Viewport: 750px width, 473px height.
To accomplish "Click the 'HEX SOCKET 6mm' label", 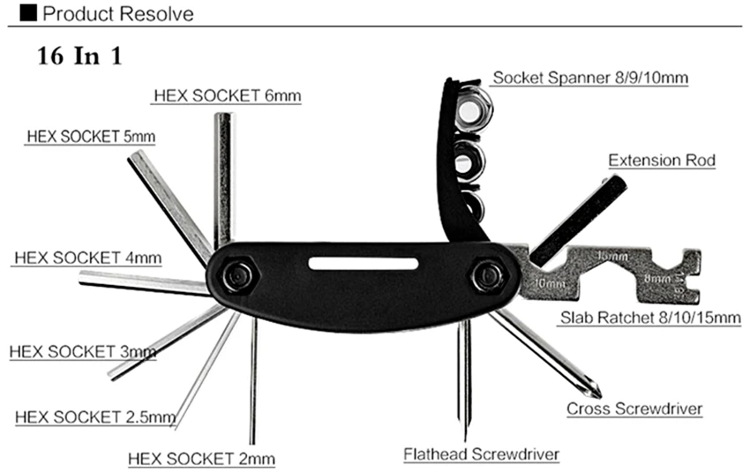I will click(227, 95).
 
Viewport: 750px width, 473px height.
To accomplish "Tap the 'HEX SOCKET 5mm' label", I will click(90, 137).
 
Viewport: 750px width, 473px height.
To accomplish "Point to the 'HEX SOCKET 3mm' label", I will click(83, 351).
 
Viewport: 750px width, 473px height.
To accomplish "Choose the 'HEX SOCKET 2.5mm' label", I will click(95, 417).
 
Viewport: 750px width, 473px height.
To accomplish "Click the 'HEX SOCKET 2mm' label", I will click(201, 459).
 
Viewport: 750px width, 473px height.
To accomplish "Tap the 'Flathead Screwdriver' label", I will click(482, 454).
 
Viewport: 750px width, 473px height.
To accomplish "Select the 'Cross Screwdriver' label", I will click(634, 409).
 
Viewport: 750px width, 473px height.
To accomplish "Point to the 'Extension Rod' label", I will click(661, 161).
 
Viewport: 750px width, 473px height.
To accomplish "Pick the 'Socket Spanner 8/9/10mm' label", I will click(590, 78).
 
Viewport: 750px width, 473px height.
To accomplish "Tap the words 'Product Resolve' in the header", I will click(117, 14).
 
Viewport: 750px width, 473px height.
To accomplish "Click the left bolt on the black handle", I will click(236, 276).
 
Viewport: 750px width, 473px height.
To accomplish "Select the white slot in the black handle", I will click(364, 264).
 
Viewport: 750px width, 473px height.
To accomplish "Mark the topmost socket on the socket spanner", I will click(474, 110).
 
